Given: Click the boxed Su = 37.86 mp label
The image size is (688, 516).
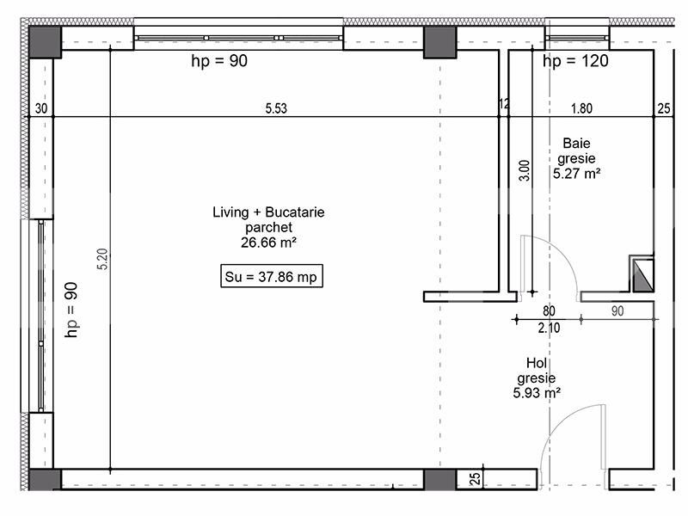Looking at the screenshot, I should pyautogui.click(x=271, y=278).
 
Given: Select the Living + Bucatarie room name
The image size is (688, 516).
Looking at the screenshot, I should pyautogui.click(x=268, y=212).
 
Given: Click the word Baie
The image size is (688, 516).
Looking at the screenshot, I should pyautogui.click(x=577, y=144).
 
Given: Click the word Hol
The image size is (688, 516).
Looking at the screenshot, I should pyautogui.click(x=536, y=364).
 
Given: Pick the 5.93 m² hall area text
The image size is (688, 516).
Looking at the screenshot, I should pyautogui.click(x=538, y=393).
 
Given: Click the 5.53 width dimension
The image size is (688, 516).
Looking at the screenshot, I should pyautogui.click(x=276, y=108).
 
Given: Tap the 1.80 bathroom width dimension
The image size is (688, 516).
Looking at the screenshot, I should pyautogui.click(x=581, y=108).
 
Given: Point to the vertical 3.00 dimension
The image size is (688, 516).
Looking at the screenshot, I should pyautogui.click(x=524, y=167).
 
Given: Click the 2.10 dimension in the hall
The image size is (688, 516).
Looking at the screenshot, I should pyautogui.click(x=549, y=328).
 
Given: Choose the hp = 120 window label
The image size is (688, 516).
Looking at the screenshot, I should pyautogui.click(x=575, y=61).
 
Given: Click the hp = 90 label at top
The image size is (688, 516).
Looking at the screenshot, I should pyautogui.click(x=218, y=61).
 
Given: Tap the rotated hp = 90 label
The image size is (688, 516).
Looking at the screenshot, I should pyautogui.click(x=72, y=310).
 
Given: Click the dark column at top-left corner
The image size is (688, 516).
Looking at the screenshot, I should pyautogui.click(x=44, y=40).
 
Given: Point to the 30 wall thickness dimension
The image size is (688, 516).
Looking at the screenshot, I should pyautogui.click(x=40, y=108).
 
